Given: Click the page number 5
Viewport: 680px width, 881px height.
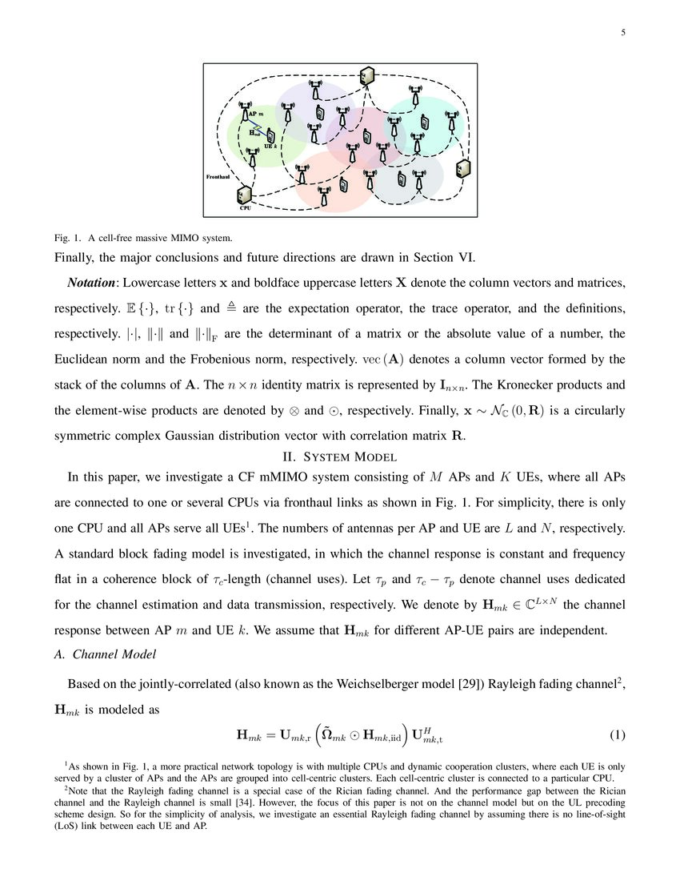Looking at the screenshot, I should pos(622,33).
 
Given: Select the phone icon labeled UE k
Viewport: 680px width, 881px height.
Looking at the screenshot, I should pos(271,137).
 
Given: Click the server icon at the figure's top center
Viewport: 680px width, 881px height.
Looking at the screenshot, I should pos(366,75).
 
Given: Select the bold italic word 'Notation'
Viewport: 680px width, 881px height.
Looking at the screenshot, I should pos(90,284).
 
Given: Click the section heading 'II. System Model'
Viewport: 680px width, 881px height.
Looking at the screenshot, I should pos(340,457).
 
